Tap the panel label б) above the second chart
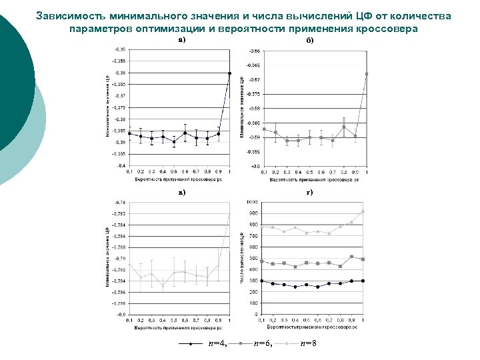tap(309, 40)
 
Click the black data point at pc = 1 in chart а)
tap(229, 73)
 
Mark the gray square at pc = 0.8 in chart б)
tap(344, 127)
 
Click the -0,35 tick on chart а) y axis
tap(119, 49)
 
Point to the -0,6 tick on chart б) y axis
tap(254, 166)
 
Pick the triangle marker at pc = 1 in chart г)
tap(363, 211)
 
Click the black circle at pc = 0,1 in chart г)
tap(262, 281)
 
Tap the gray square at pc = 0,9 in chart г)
tap(351, 257)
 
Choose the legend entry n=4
tap(217, 343)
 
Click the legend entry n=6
tap(263, 343)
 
